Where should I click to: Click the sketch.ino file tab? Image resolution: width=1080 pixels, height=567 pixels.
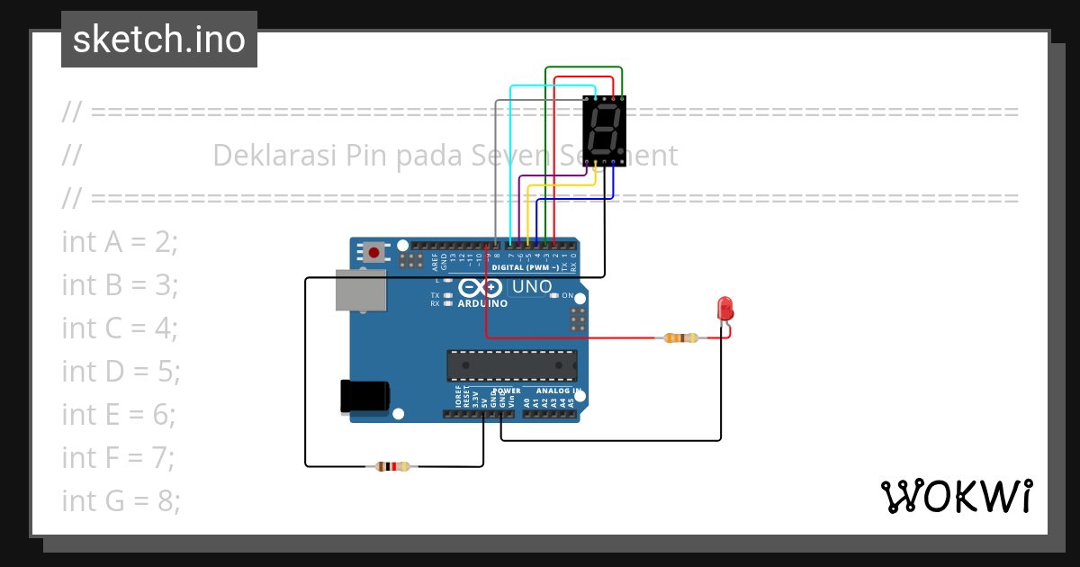(x=159, y=40)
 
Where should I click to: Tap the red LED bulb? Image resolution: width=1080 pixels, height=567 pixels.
(x=725, y=309)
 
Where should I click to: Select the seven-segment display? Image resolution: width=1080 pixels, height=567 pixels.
(x=604, y=130)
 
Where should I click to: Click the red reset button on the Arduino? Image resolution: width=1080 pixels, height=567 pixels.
(x=373, y=252)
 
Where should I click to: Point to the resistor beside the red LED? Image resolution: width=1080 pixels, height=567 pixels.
(x=681, y=338)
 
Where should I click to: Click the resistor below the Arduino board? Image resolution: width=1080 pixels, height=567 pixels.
(x=392, y=466)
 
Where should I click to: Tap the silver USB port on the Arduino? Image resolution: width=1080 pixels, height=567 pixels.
(x=360, y=290)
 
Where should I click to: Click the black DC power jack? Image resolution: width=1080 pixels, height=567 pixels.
(x=364, y=397)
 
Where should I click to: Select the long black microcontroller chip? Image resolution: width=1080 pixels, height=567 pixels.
(x=512, y=364)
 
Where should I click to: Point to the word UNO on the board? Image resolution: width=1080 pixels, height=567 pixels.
(x=532, y=287)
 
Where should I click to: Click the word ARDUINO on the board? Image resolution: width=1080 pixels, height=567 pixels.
(x=481, y=303)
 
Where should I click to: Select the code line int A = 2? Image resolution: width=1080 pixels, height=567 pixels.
(x=120, y=241)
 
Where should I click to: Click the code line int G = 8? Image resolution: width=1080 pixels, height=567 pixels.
(x=121, y=500)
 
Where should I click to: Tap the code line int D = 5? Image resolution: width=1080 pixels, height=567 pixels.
(x=121, y=371)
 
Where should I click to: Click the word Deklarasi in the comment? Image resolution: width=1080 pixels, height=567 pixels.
(x=275, y=155)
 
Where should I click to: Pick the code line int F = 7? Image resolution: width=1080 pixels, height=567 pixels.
(x=118, y=457)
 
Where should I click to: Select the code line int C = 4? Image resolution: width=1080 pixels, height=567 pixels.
(x=120, y=328)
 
